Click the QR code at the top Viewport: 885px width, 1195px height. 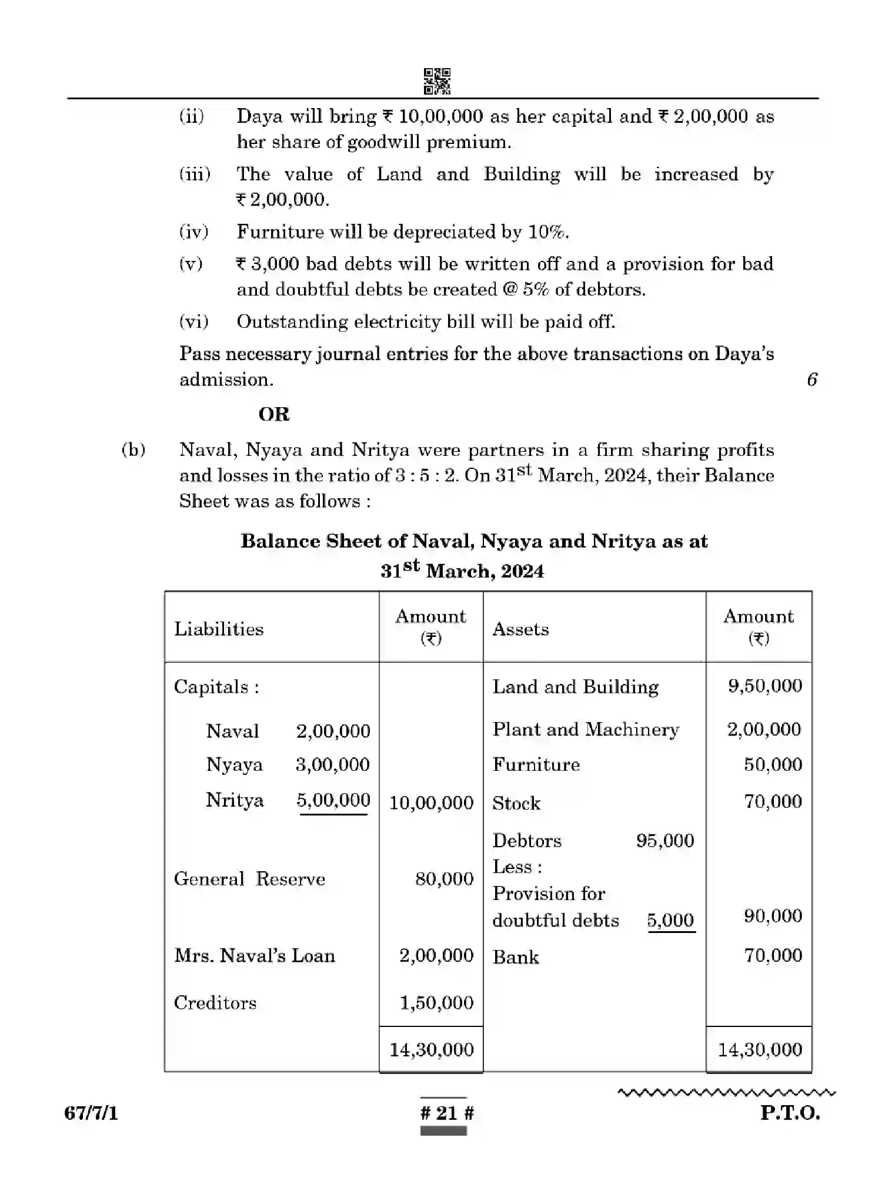click(437, 81)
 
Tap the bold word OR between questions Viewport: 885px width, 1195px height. click(273, 414)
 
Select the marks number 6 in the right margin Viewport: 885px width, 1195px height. click(812, 380)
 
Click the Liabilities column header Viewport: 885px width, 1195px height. click(219, 629)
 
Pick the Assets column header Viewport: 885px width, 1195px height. click(520, 629)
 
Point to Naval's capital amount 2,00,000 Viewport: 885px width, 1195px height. click(333, 731)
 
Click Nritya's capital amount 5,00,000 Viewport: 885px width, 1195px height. click(333, 800)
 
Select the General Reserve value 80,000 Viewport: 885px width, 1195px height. click(444, 879)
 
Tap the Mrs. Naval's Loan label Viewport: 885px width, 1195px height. click(254, 956)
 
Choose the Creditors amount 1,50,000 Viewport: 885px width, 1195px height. click(436, 1003)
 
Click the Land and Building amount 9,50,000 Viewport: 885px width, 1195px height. click(764, 686)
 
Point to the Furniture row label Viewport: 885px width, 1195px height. click(536, 764)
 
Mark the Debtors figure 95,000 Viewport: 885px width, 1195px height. click(664, 841)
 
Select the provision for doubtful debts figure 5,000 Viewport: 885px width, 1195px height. click(670, 920)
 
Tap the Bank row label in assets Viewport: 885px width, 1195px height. click(515, 957)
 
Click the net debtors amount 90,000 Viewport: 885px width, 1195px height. click(772, 916)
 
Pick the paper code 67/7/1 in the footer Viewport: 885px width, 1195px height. click(91, 1113)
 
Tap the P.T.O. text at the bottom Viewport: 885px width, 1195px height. click(789, 1113)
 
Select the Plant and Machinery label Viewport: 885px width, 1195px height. click(585, 730)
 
